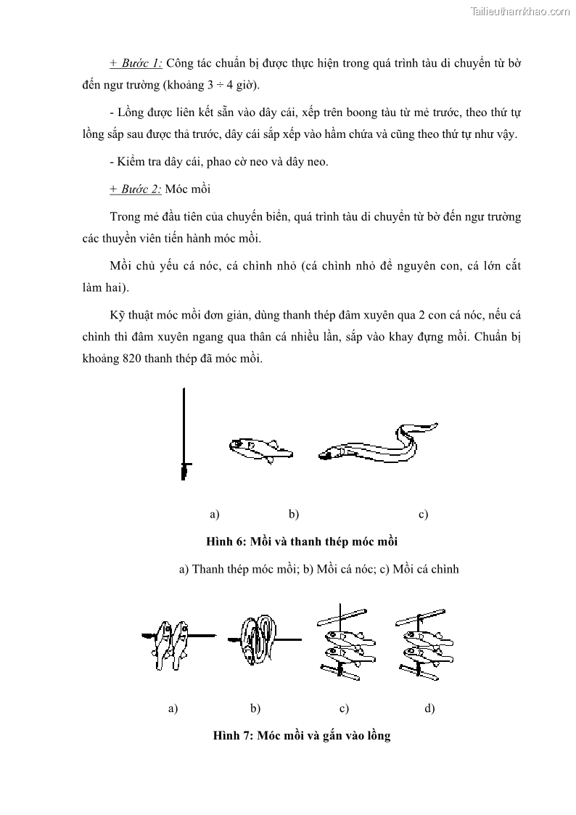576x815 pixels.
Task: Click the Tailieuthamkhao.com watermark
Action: pos(520,11)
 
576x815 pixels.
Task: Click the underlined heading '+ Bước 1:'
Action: pos(136,63)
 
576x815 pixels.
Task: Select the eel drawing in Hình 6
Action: pos(377,443)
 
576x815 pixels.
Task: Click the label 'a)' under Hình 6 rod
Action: pos(214,515)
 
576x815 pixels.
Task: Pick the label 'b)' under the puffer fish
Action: pos(294,515)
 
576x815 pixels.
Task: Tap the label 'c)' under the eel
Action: pos(423,515)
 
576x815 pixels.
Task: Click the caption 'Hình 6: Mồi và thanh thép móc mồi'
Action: pos(302,541)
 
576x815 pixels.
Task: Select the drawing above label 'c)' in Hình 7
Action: pos(345,642)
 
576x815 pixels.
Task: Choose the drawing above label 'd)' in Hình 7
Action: pos(424,642)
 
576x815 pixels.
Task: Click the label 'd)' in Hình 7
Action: pos(429,708)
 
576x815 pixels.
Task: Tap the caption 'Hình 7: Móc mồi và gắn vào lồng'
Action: pos(302,735)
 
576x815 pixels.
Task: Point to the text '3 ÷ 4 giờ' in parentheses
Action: pos(229,85)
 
